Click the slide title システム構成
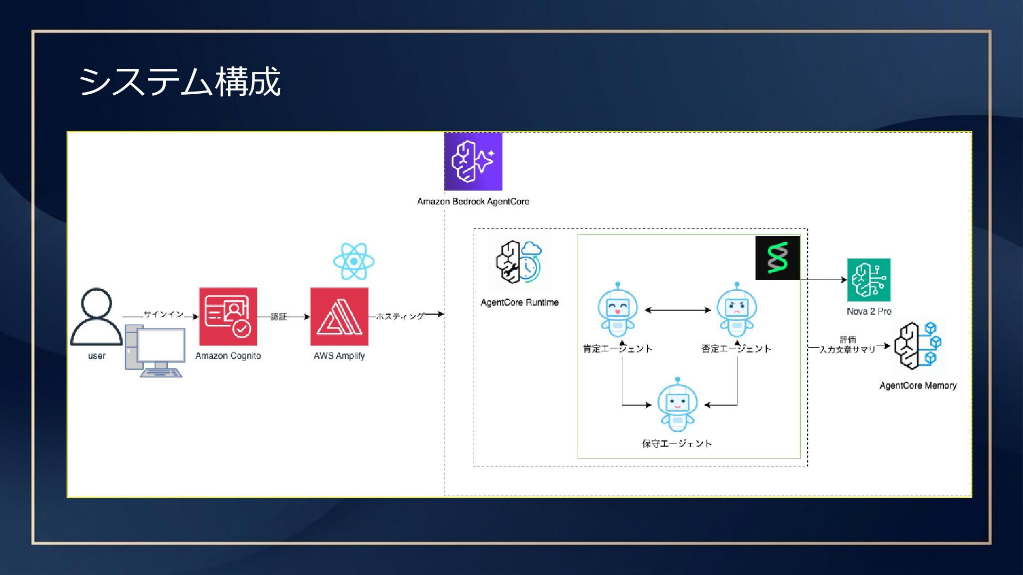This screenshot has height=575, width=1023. pyautogui.click(x=180, y=81)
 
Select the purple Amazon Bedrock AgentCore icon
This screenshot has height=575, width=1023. pyautogui.click(x=473, y=161)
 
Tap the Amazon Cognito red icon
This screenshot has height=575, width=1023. pyautogui.click(x=228, y=317)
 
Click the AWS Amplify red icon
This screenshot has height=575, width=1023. pyautogui.click(x=339, y=317)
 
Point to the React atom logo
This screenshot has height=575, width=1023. pyautogui.click(x=354, y=261)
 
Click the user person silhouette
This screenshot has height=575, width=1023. pyautogui.click(x=96, y=318)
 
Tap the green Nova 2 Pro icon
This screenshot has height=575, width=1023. pyautogui.click(x=869, y=280)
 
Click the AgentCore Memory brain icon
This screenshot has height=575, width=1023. pyautogui.click(x=918, y=346)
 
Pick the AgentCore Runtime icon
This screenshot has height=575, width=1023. pyautogui.click(x=519, y=261)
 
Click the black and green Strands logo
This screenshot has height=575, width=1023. pyautogui.click(x=777, y=258)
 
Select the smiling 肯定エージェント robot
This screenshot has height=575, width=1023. pyautogui.click(x=618, y=310)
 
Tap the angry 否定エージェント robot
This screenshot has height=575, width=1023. pyautogui.click(x=737, y=310)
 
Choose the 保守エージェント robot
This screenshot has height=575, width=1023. pyautogui.click(x=677, y=405)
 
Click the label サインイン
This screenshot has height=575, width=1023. pyautogui.click(x=163, y=314)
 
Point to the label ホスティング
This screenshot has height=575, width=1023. pyautogui.click(x=400, y=316)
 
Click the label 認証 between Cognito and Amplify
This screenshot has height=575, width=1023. pyautogui.click(x=279, y=317)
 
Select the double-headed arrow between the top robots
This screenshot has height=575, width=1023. pyautogui.click(x=678, y=310)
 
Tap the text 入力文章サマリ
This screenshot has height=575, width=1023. pyautogui.click(x=847, y=350)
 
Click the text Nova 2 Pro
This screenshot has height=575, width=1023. pyautogui.click(x=869, y=311)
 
